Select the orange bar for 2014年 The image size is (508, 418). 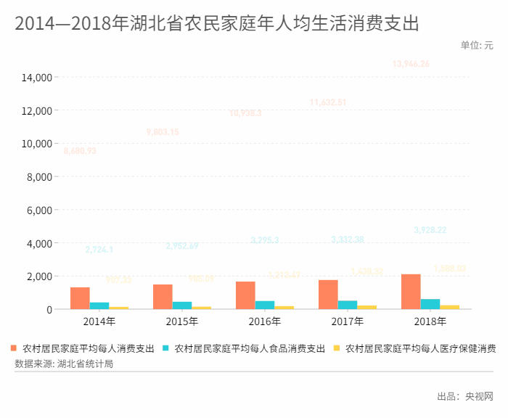click(x=80, y=298)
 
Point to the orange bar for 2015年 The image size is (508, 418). click(x=163, y=297)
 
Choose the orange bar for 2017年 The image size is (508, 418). click(x=328, y=295)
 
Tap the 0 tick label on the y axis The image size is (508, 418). click(x=49, y=310)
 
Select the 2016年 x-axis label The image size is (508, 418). click(x=265, y=321)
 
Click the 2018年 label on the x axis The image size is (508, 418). click(x=430, y=321)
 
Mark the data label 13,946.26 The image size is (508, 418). click(x=411, y=64)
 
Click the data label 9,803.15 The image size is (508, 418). click(x=163, y=132)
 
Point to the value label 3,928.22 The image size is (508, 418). click(x=430, y=230)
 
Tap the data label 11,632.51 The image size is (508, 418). click(x=328, y=102)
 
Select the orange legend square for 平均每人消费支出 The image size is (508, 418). click(x=14, y=348)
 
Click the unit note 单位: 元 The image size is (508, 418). click(x=476, y=45)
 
